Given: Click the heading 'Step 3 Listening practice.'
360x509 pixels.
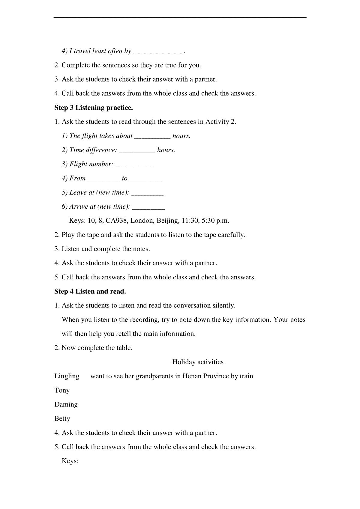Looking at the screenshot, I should [x=93, y=108].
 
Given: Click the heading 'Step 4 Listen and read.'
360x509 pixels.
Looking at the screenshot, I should [x=90, y=291].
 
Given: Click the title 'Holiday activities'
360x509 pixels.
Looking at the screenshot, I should [x=198, y=362].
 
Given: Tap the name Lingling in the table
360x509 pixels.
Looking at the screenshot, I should [x=67, y=376].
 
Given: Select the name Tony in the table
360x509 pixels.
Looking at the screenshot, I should [x=62, y=390].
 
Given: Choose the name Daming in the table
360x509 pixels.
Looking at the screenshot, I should [x=66, y=405].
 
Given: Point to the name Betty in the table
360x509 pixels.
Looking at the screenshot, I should [x=62, y=419].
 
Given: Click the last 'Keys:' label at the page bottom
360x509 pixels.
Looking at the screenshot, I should [x=70, y=461].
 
